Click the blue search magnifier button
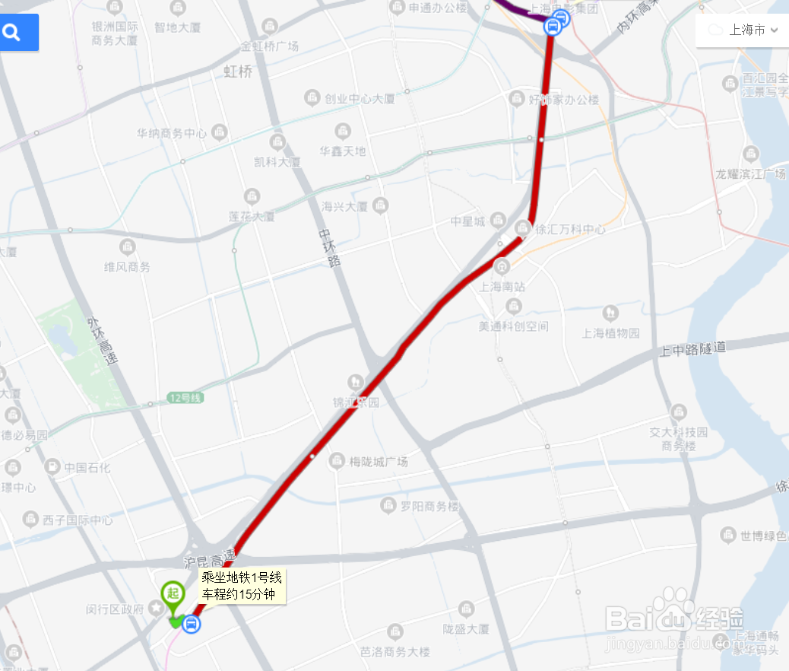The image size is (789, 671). [14, 33]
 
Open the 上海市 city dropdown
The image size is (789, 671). [743, 30]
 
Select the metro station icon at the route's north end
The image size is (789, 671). [556, 24]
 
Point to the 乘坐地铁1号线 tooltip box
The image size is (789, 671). [242, 586]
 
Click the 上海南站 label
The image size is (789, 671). [502, 287]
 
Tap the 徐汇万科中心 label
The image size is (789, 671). [570, 228]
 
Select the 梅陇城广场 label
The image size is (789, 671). [379, 462]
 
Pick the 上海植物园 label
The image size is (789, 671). [611, 332]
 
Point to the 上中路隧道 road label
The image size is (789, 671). [692, 349]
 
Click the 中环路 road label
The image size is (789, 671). [329, 247]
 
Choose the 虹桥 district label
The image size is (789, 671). [238, 72]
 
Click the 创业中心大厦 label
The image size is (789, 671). [360, 99]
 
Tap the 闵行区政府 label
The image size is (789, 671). [115, 609]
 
